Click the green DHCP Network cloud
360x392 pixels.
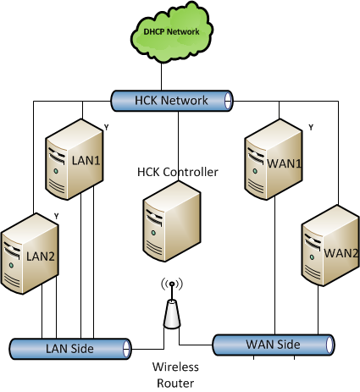coord(172,32)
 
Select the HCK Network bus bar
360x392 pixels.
coord(172,101)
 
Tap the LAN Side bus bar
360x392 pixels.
coord(70,349)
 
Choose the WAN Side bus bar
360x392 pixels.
coord(274,345)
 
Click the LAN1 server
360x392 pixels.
coord(75,159)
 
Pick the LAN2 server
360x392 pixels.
coord(30,254)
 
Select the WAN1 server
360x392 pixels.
coord(274,159)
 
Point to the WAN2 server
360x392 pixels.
coord(330,246)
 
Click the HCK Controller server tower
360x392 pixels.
coord(172,222)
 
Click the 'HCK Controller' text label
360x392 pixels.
coord(178,172)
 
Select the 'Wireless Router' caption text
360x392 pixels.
coord(175,375)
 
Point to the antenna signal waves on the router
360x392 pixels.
coord(172,284)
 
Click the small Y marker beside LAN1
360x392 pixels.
coord(106,128)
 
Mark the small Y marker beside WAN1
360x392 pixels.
coord(311,128)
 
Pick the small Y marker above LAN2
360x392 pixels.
coord(57,217)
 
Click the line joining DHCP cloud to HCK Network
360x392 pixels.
coord(161,76)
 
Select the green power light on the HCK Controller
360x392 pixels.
coord(153,233)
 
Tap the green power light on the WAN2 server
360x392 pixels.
coord(312,257)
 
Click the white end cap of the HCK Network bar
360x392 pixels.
coord(228,101)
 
